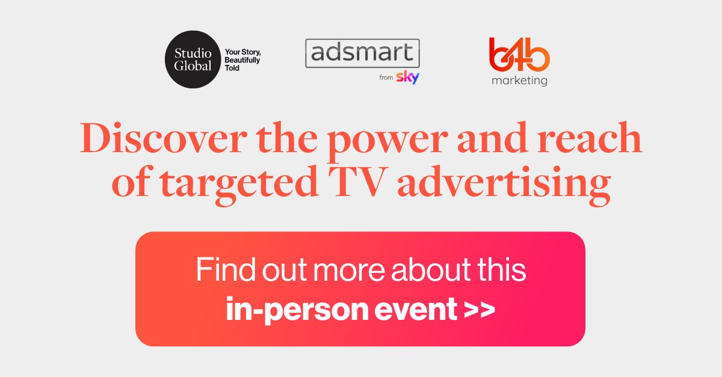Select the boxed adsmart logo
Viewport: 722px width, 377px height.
(362, 54)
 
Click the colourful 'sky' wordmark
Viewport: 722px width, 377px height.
(408, 78)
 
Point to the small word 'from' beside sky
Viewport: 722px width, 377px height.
(386, 78)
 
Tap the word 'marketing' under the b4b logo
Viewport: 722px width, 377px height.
(519, 81)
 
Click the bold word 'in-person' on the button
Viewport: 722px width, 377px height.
(291, 308)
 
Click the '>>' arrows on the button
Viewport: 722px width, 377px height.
(480, 309)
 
